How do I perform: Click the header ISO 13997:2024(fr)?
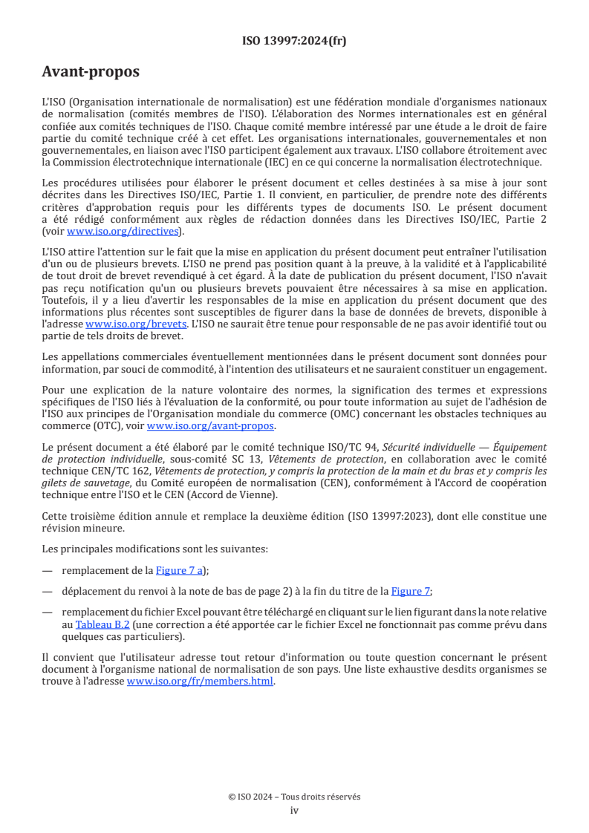pyautogui.click(x=294, y=41)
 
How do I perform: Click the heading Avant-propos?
pyautogui.click(x=90, y=72)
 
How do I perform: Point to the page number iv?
pyautogui.click(x=294, y=810)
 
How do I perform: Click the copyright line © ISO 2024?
pyautogui.click(x=294, y=797)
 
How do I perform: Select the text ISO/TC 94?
pyautogui.click(x=355, y=447)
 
